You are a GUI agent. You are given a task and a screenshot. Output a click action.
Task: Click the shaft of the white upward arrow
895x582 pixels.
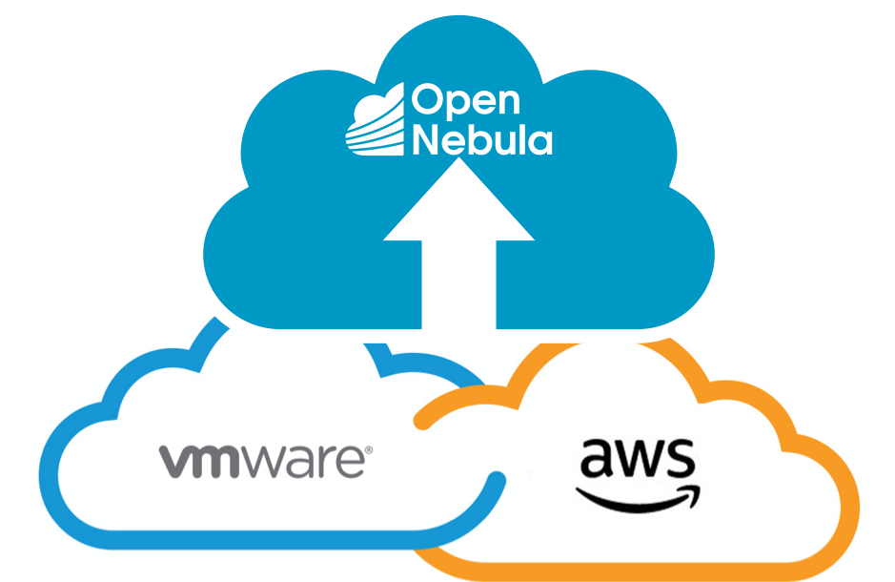tap(458, 281)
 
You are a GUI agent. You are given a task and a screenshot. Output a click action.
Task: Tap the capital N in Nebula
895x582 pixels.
tap(426, 139)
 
